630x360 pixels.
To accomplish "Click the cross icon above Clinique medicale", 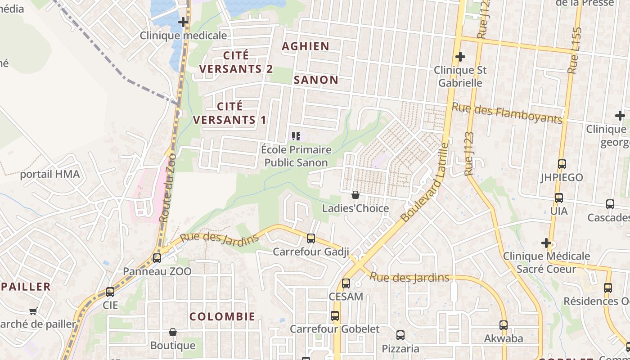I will click(x=183, y=22).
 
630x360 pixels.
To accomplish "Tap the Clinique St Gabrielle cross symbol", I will click(x=460, y=57).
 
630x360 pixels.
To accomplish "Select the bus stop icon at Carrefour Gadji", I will click(x=310, y=238).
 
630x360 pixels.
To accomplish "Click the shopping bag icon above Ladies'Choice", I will click(x=355, y=195).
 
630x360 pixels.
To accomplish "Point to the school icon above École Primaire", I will click(x=296, y=136).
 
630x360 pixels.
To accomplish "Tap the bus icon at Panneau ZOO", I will click(x=157, y=258).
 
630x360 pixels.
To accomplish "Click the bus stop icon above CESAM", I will click(x=346, y=283).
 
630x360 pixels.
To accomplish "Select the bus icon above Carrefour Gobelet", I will click(x=334, y=316).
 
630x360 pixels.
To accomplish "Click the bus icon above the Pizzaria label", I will click(x=400, y=335).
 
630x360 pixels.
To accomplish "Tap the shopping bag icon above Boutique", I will click(x=172, y=333).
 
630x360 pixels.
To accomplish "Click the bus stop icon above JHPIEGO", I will click(x=562, y=164).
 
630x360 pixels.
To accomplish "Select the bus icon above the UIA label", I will click(x=558, y=198).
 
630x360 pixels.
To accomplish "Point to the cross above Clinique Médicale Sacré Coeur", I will click(x=546, y=243).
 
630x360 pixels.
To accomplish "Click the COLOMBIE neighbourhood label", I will click(x=222, y=316).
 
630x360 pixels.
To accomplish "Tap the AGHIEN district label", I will click(x=306, y=46).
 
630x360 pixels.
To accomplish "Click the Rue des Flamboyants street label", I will click(x=507, y=113).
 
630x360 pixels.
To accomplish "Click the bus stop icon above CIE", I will click(x=110, y=292).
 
